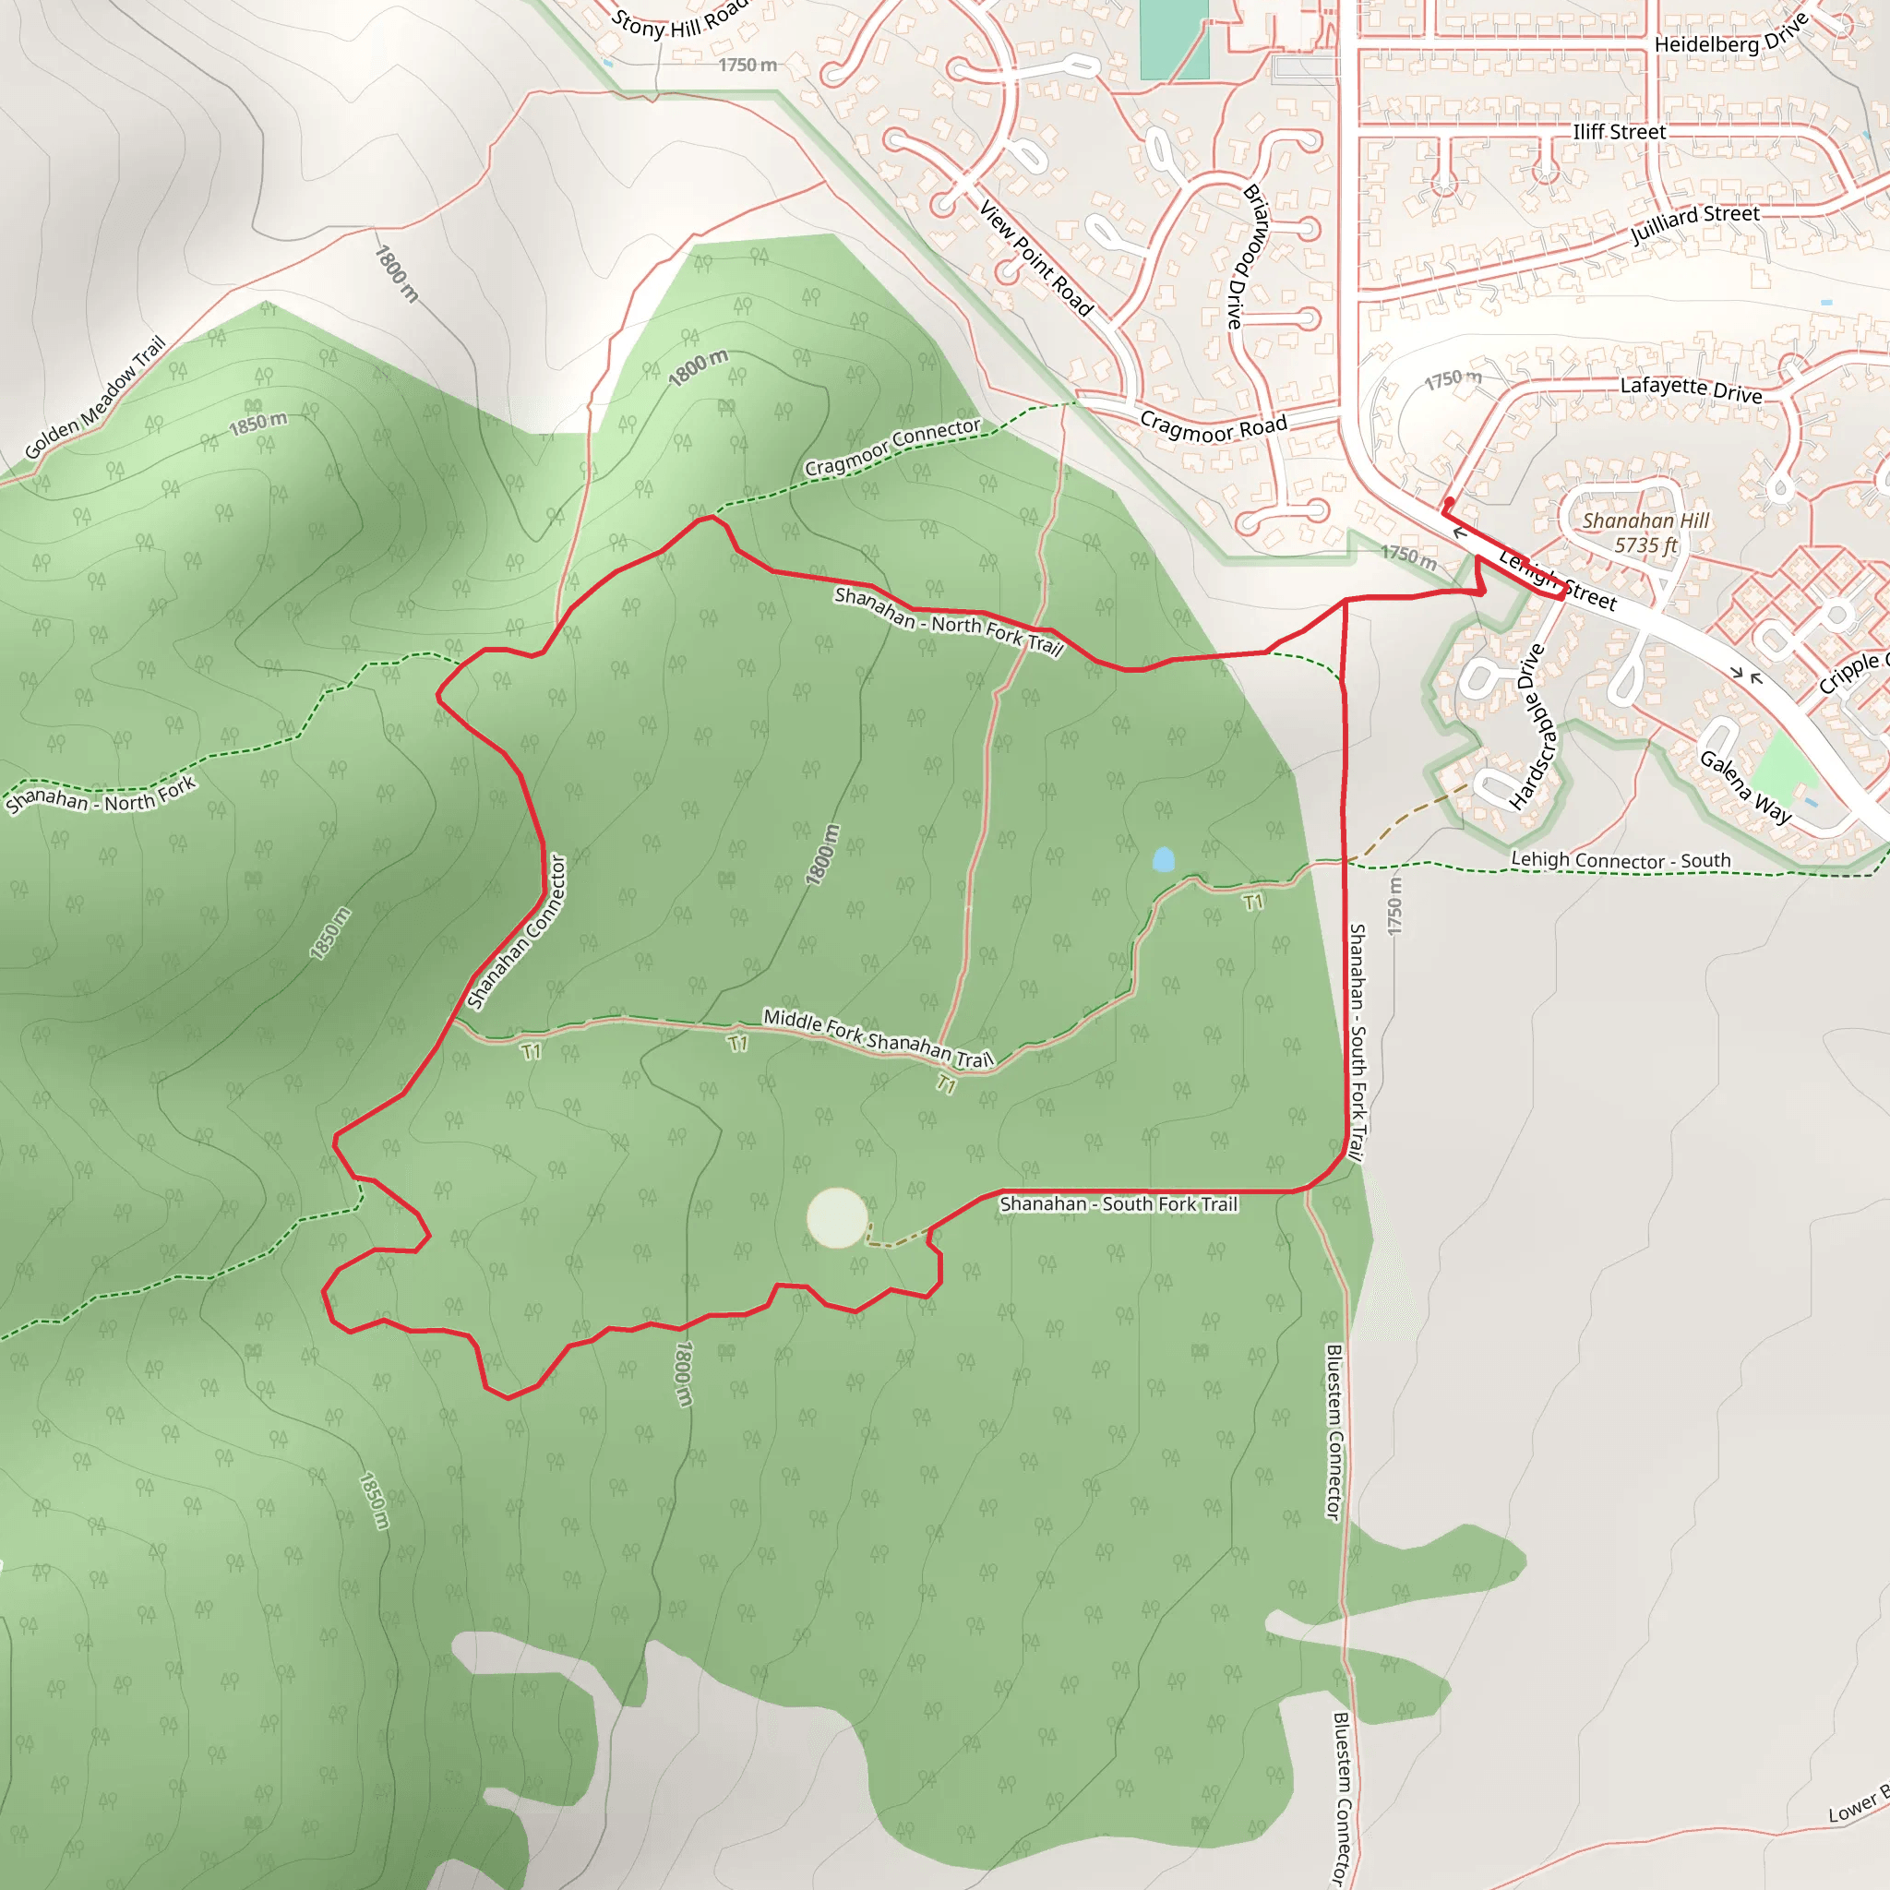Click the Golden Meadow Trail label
pos(96,398)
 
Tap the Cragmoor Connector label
pos(892,447)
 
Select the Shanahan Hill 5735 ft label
pos(1645,533)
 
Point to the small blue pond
pos(1162,860)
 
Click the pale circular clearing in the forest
pos(836,1218)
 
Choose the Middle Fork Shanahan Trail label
pos(878,1038)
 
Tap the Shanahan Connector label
pos(518,931)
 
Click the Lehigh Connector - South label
pos(1621,860)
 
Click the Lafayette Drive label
pos(1692,389)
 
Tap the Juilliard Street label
pos(1695,223)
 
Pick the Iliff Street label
pos(1619,132)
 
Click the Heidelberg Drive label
pos(1729,38)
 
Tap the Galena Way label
pos(1746,787)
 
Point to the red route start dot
pos(1449,502)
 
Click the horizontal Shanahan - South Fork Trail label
pos(1118,1204)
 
